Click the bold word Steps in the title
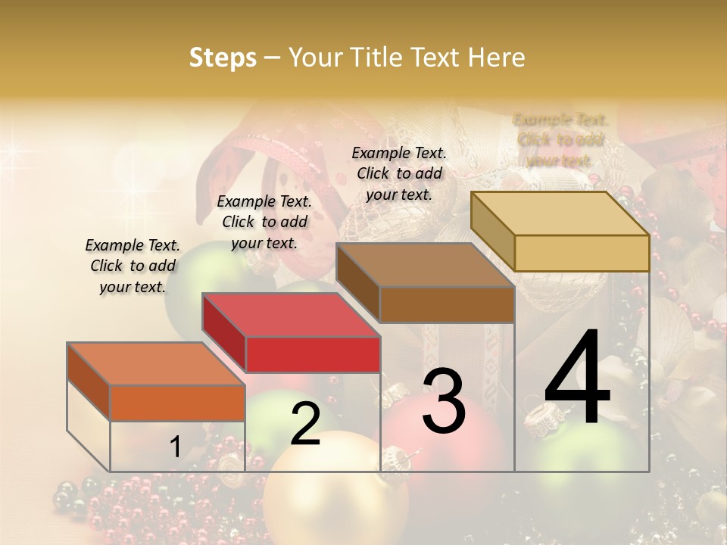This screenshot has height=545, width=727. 223,58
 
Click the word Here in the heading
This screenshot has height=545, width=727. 496,58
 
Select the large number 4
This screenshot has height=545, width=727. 577,379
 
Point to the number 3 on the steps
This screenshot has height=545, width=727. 444,400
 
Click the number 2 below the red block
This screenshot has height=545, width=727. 305,424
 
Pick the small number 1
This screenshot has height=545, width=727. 176,447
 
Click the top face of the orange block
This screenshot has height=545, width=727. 155,363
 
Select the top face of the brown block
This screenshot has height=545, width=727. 425,265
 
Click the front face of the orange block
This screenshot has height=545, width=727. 177,403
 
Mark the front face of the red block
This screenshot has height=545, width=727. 313,354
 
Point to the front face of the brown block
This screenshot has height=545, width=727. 447,304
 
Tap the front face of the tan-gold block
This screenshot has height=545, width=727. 582,253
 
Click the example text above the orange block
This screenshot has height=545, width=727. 133,266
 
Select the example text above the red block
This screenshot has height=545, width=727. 264,222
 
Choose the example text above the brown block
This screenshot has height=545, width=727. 399,173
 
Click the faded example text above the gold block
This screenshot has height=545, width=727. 560,140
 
